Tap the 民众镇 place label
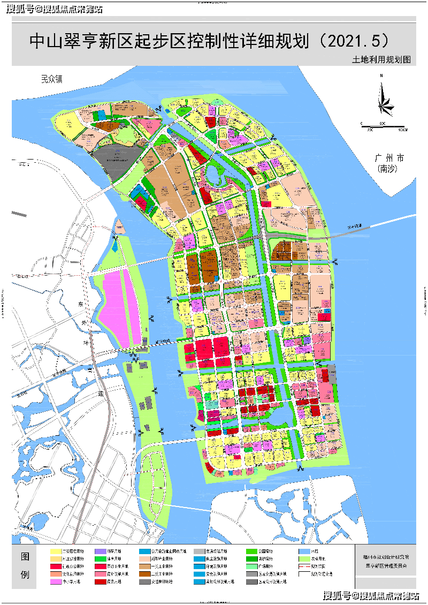[52, 79]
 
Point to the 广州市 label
[389, 158]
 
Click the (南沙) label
[389, 169]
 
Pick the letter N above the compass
[381, 77]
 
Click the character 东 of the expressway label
[82, 304]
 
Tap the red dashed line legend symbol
[304, 566]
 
